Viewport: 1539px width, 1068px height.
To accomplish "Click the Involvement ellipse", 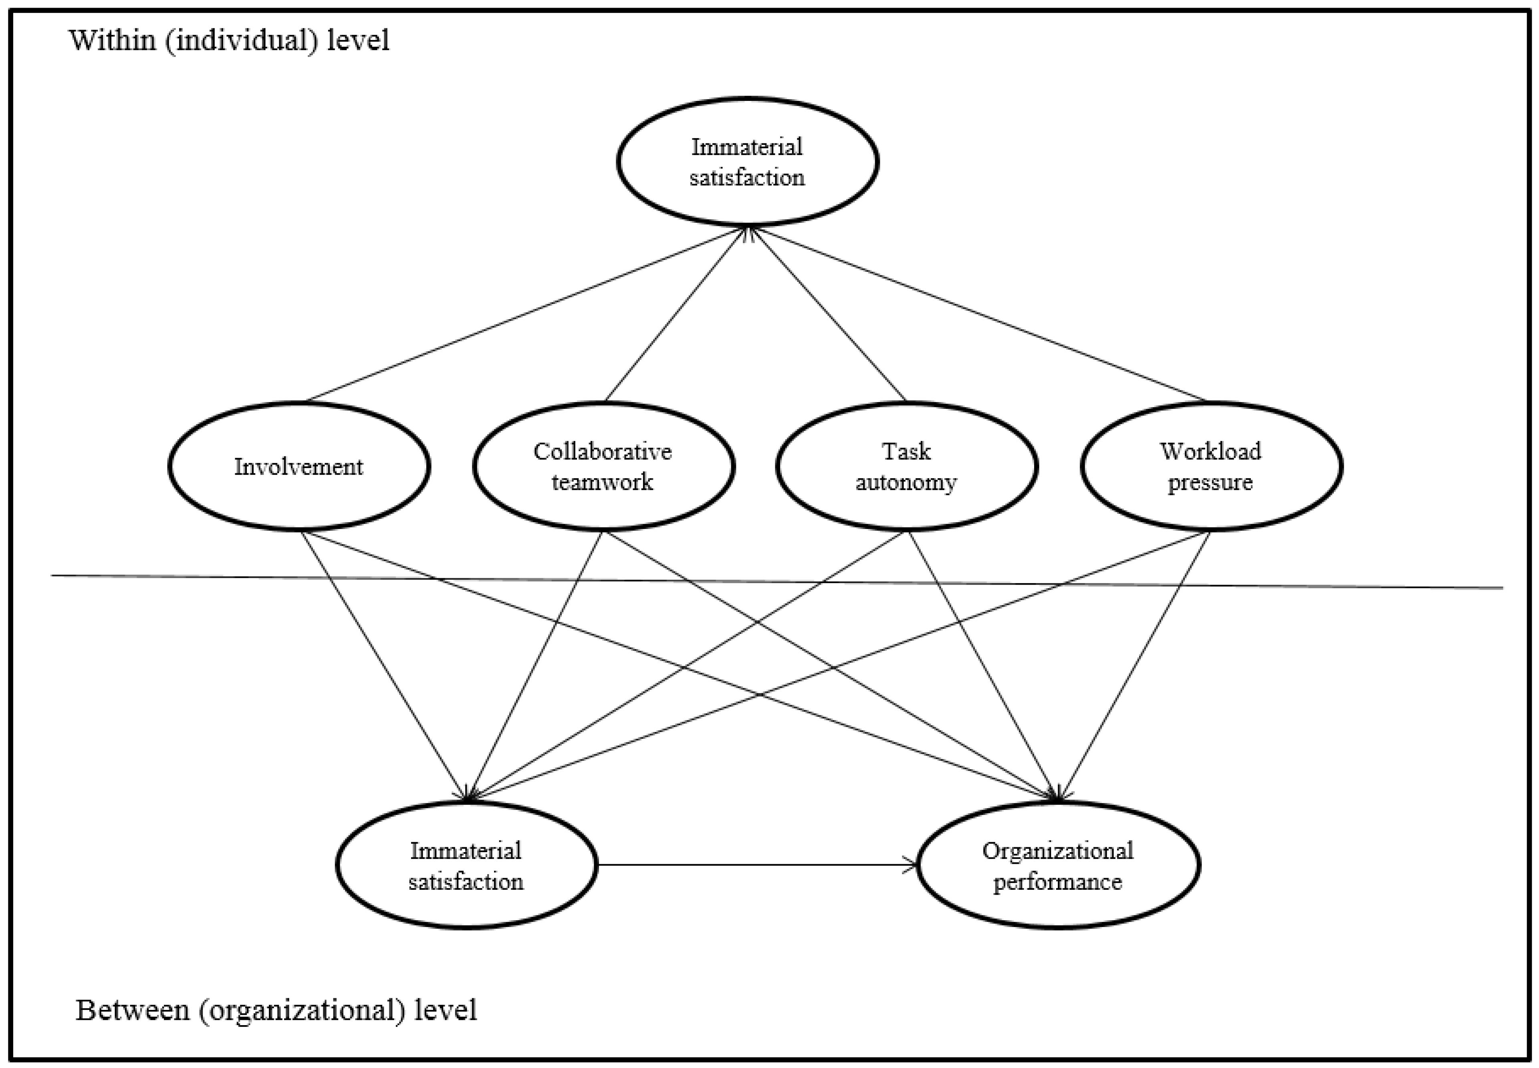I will pos(299,467).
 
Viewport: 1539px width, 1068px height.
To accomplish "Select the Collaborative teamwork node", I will pos(603,467).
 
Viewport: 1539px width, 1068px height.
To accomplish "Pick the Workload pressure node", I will pos(1210,467).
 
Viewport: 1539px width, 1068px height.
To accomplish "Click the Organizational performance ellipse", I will pos(1058,865).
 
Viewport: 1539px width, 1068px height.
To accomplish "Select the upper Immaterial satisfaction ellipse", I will pos(747,162).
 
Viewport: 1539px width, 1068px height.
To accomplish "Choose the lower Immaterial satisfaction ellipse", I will pos(466,865).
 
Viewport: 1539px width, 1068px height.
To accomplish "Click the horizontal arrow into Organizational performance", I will pos(756,865).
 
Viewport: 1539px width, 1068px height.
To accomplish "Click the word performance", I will pos(1058,882).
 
